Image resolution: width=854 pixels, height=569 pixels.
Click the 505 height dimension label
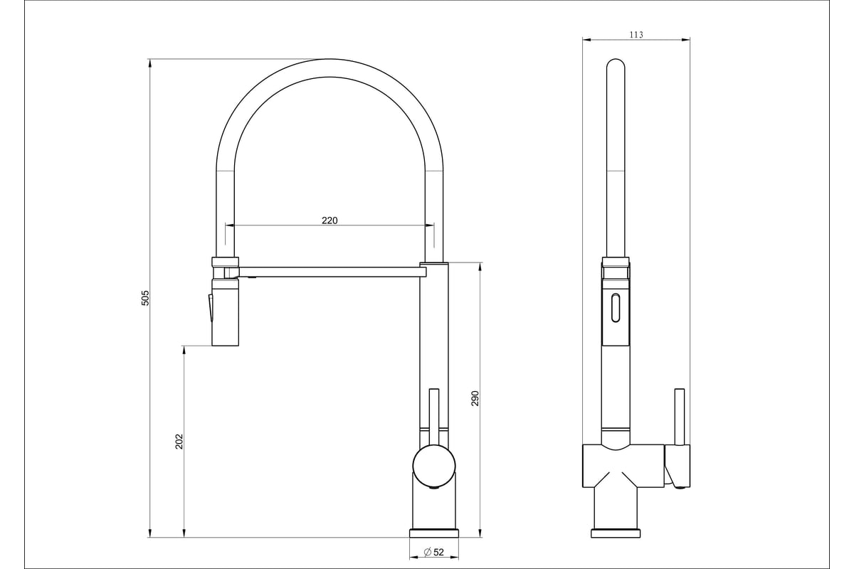(145, 298)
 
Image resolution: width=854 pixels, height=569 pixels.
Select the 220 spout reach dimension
(330, 220)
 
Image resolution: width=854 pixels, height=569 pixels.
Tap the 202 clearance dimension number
(179, 441)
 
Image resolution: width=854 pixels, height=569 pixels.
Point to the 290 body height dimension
(475, 398)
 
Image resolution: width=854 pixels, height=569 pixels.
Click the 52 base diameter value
(438, 552)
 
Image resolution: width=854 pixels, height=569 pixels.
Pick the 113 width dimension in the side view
(636, 35)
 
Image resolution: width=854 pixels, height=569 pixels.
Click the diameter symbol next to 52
(428, 552)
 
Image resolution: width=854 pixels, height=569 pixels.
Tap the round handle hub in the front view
(434, 465)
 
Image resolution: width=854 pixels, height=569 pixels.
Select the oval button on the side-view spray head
(616, 307)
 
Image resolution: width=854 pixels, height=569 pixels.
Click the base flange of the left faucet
(434, 533)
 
